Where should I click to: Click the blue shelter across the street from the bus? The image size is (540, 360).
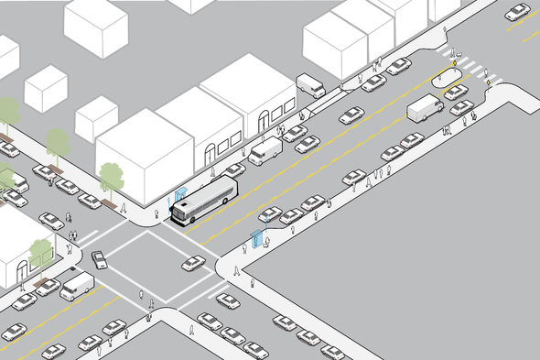click(257, 239)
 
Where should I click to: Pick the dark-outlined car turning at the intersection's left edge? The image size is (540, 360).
click(100, 259)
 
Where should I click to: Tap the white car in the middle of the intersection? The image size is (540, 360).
click(193, 263)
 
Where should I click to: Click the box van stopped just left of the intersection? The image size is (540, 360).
click(78, 285)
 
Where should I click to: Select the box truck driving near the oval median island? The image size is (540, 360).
click(426, 107)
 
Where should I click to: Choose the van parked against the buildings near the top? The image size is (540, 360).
click(311, 86)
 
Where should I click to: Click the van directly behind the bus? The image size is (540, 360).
click(266, 150)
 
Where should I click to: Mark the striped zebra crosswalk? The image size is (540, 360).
click(467, 67)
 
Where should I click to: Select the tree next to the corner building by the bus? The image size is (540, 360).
click(112, 177)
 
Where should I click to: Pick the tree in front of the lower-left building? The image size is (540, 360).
click(41, 251)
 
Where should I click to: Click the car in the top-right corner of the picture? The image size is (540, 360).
click(518, 12)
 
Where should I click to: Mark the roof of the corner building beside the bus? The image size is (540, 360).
click(142, 137)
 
